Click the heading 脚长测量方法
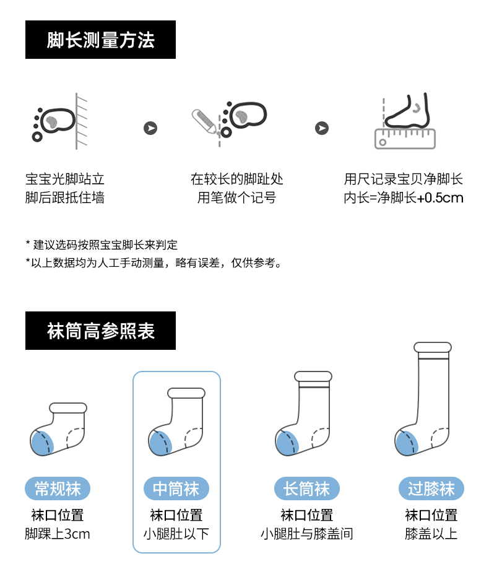tap(100, 40)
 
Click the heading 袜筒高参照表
tap(100, 331)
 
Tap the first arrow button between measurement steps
tap(150, 128)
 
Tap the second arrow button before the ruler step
tap(322, 128)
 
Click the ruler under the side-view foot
tap(405, 139)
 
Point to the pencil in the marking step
tap(204, 121)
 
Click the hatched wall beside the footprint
tap(81, 121)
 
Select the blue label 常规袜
tap(58, 489)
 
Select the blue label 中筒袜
tap(176, 489)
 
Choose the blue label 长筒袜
tap(307, 489)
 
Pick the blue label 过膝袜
tap(431, 489)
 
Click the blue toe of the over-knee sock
tap(406, 443)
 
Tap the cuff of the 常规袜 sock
tap(68, 408)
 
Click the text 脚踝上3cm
tap(58, 534)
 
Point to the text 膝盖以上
tap(431, 534)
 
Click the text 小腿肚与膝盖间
tap(307, 534)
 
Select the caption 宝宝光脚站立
tap(65, 180)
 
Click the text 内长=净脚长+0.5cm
tap(404, 198)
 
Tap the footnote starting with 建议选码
tap(102, 245)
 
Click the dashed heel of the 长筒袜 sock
tap(320, 437)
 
